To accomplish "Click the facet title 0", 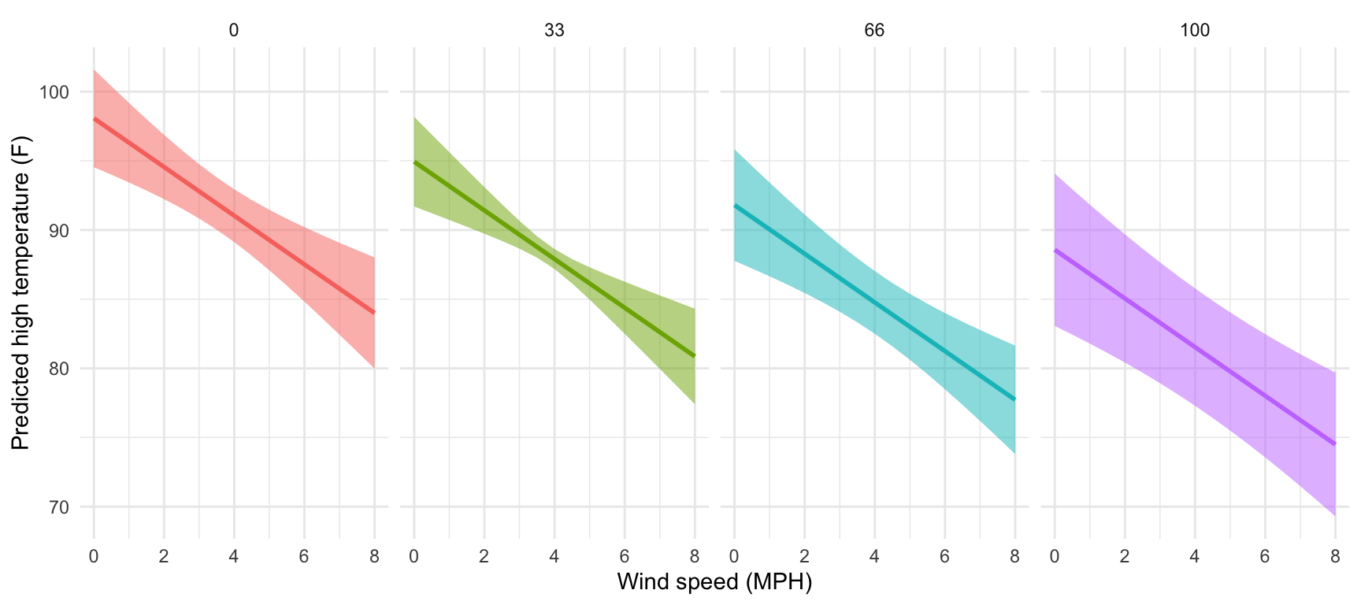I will point(234,31).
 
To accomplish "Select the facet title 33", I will point(554,31).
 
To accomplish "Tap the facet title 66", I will point(874,31).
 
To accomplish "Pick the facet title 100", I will point(1195,31).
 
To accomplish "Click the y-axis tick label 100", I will point(54,92).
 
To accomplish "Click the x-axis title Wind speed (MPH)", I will point(714,582).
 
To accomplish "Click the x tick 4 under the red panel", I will point(234,557).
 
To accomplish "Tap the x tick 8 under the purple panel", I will point(1335,557).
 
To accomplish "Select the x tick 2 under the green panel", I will point(484,557).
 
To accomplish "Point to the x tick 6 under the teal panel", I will point(944,557).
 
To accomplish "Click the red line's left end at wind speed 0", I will point(95,119).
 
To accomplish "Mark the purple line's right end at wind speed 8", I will point(1335,444).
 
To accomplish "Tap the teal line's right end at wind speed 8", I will point(1014,399).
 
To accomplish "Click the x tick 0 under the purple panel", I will point(1055,557).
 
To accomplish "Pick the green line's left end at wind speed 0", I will point(414,161).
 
